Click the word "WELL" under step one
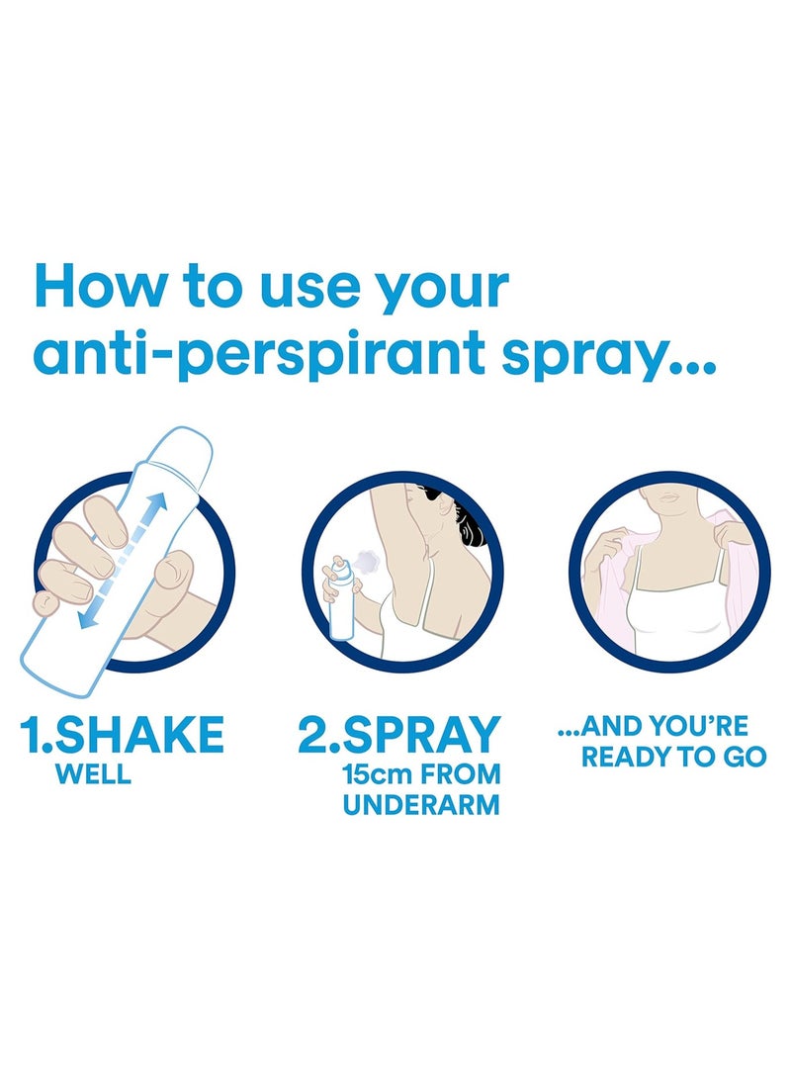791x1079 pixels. click(93, 774)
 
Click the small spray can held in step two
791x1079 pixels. click(341, 603)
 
